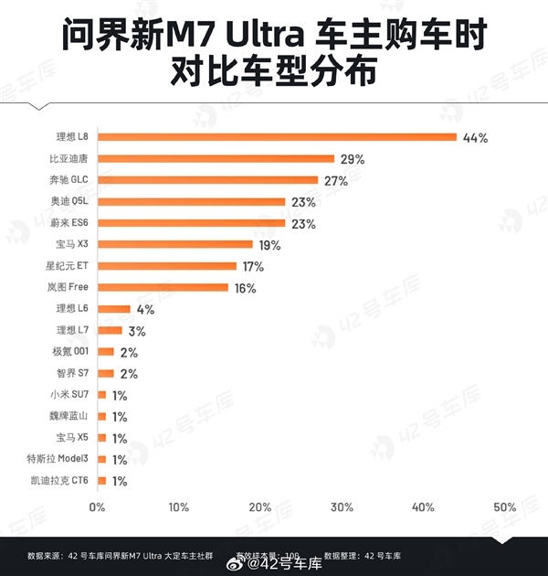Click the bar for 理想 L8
pyautogui.click(x=277, y=137)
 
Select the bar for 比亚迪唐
pyautogui.click(x=216, y=158)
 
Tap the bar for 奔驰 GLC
pyautogui.click(x=207, y=180)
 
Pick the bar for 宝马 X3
pyautogui.click(x=174, y=244)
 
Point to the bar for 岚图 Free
pyautogui.click(x=163, y=287)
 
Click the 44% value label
pyautogui.click(x=476, y=138)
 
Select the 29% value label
pyautogui.click(x=353, y=159)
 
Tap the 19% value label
pyautogui.click(x=269, y=245)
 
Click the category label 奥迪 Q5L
pyautogui.click(x=69, y=201)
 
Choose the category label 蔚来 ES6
pyautogui.click(x=69, y=223)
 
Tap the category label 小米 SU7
pyautogui.click(x=68, y=395)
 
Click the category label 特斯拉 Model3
pyautogui.click(x=58, y=459)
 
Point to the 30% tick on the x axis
pyautogui.click(x=342, y=507)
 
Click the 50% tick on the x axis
pyautogui.click(x=504, y=507)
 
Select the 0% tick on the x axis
pyautogui.click(x=97, y=507)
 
